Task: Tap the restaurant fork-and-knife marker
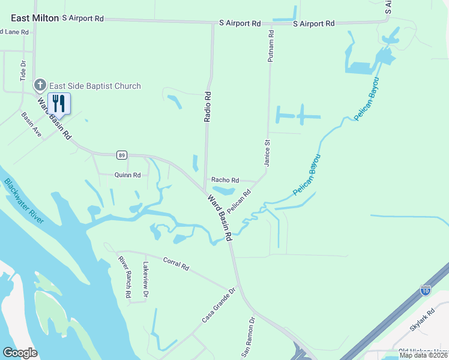coord(59,103)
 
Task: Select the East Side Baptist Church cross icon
coord(40,85)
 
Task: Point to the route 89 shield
coord(122,155)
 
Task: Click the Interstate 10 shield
coord(426,291)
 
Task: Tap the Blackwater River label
coord(24,201)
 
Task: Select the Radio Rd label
coord(208,107)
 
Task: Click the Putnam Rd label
coord(271,44)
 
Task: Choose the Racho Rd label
coord(225,180)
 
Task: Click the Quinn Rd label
coord(127,175)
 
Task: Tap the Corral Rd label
coord(176,264)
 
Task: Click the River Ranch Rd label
coord(124,278)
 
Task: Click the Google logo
coord(20,352)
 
